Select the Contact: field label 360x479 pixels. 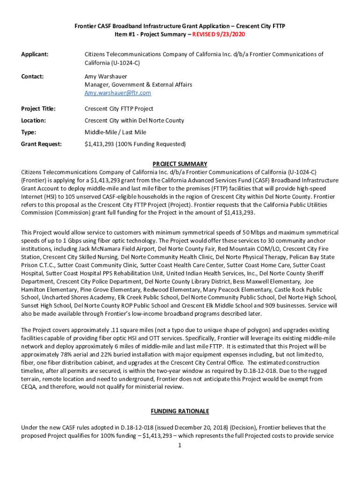pos(33,76)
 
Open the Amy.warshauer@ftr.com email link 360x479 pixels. pos(117,93)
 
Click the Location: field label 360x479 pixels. pos(34,121)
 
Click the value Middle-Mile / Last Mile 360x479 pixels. pos(115,132)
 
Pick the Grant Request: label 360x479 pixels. pos(41,144)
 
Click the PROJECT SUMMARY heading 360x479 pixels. pos(180,164)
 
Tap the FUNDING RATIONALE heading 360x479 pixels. pos(180,411)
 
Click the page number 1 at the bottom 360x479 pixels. pos(180,445)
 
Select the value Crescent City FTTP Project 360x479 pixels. pos(119,109)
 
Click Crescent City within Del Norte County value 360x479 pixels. pos(134,121)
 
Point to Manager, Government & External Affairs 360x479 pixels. pos(138,85)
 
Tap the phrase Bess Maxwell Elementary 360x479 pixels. pos(268,282)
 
